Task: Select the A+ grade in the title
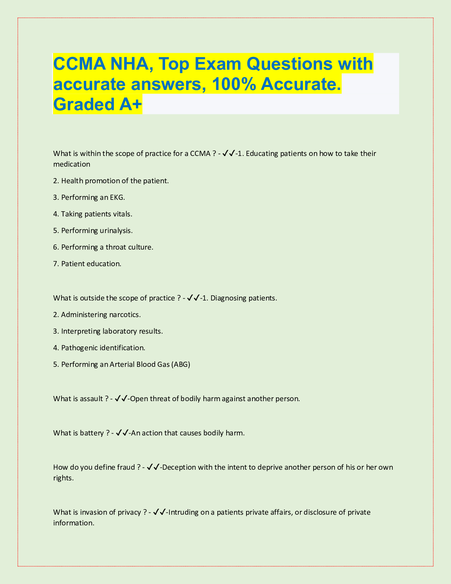coord(130,104)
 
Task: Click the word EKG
coord(117,198)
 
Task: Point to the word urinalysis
coord(116,231)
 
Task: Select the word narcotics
coord(125,315)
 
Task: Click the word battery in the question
coord(92,433)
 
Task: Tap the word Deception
coord(179,467)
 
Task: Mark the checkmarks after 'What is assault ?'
coord(121,399)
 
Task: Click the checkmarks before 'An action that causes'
coord(122,433)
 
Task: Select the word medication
coord(72,164)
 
